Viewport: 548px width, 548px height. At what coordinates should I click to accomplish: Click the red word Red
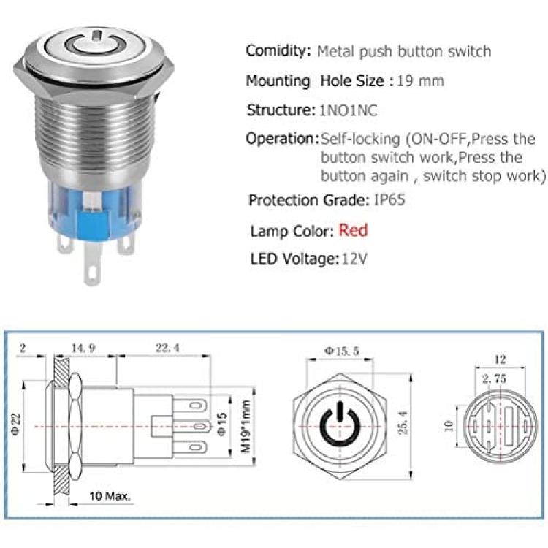coord(353,231)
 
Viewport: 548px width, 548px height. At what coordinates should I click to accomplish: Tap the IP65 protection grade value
coord(389,200)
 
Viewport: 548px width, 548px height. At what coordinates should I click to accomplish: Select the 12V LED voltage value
coord(354,259)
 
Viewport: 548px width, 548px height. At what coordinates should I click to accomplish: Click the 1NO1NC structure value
coord(349,110)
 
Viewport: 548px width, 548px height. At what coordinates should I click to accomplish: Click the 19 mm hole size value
coord(420,81)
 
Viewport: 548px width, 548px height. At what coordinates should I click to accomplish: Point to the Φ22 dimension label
coord(16,425)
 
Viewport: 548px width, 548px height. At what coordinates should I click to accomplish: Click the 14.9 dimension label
coord(83,348)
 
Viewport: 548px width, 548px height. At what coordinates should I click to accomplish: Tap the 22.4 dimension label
coord(167,348)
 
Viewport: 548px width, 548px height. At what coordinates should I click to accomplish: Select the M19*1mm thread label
coord(246,427)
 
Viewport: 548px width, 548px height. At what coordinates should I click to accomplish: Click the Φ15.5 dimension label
coord(341,351)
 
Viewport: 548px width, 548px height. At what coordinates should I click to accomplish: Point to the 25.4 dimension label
coord(403,422)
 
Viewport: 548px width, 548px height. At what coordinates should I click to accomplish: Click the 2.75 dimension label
coord(494,378)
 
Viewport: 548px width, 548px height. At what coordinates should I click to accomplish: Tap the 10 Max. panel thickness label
coord(110,496)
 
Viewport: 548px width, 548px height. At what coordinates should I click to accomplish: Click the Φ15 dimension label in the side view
coord(222,425)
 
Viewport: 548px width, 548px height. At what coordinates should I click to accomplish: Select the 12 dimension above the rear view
coord(500,359)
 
